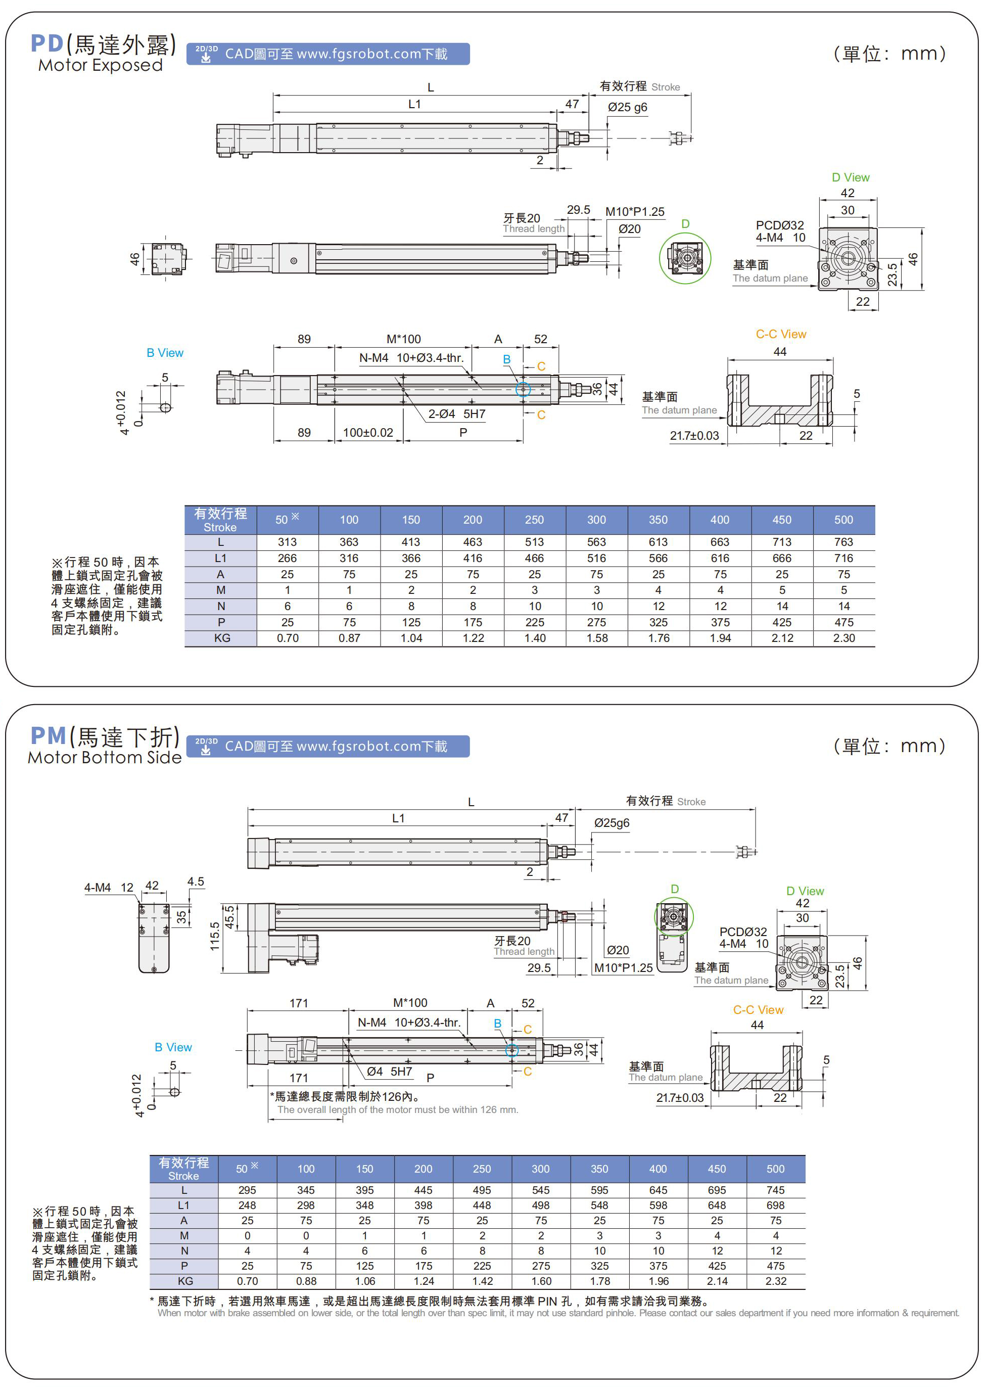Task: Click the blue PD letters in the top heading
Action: pyautogui.click(x=47, y=44)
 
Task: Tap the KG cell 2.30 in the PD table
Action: pyautogui.click(x=843, y=638)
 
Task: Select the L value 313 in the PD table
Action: pyautogui.click(x=287, y=542)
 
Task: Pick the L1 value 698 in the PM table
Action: pyautogui.click(x=775, y=1205)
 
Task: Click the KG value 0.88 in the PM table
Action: pyautogui.click(x=306, y=1281)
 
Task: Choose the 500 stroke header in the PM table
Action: pyautogui.click(x=775, y=1169)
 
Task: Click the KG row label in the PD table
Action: pyautogui.click(x=221, y=638)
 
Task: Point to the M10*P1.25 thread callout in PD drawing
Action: pyautogui.click(x=635, y=212)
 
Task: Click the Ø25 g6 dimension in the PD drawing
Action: pyautogui.click(x=627, y=108)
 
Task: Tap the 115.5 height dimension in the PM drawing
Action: pyautogui.click(x=215, y=936)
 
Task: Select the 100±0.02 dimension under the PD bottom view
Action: pyautogui.click(x=368, y=433)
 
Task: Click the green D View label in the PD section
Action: pyautogui.click(x=850, y=177)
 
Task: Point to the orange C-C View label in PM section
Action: pyautogui.click(x=758, y=1010)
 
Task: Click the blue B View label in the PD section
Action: pyautogui.click(x=165, y=353)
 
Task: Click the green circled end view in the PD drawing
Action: pyautogui.click(x=685, y=258)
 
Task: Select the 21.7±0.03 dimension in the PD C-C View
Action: pyautogui.click(x=694, y=436)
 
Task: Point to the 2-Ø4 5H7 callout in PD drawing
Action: pyautogui.click(x=456, y=414)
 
